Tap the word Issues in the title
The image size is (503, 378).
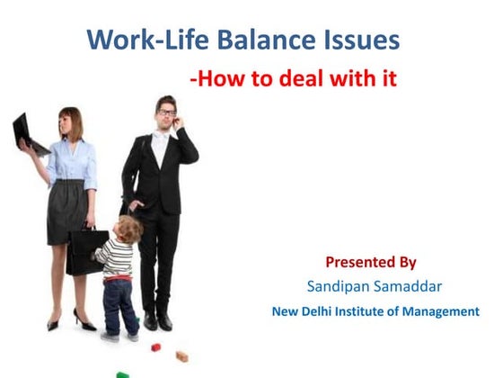click(360, 40)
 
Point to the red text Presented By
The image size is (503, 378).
click(371, 263)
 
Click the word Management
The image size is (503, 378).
click(440, 312)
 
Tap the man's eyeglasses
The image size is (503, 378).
click(166, 112)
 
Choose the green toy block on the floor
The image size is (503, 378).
click(122, 373)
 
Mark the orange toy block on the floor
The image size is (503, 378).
click(182, 356)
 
